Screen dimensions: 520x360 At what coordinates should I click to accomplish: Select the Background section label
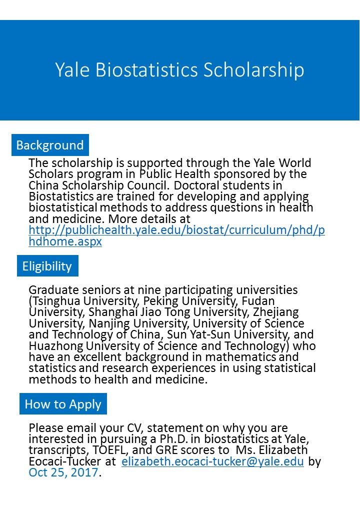coord(50,145)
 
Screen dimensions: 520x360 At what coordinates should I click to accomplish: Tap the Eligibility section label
coord(47,266)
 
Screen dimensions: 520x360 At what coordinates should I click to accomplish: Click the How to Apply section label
coord(63,404)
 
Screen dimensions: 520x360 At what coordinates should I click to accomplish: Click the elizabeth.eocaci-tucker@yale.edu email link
coord(212,461)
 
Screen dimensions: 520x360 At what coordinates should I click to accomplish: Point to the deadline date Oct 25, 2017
coord(63,472)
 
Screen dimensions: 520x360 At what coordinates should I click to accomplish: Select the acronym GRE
coord(151,450)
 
